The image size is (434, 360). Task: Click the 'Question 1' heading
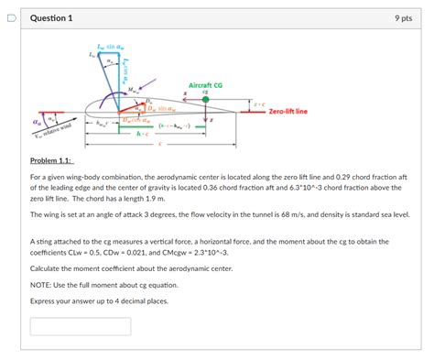tap(51, 18)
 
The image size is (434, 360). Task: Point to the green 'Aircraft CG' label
tap(205, 84)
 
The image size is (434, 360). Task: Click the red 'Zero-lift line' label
tap(288, 112)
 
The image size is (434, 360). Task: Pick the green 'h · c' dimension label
tap(142, 134)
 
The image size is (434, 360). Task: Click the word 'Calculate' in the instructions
tap(47, 268)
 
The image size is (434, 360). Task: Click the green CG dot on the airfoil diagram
tap(205, 101)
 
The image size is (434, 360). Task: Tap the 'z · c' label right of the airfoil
tap(259, 104)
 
